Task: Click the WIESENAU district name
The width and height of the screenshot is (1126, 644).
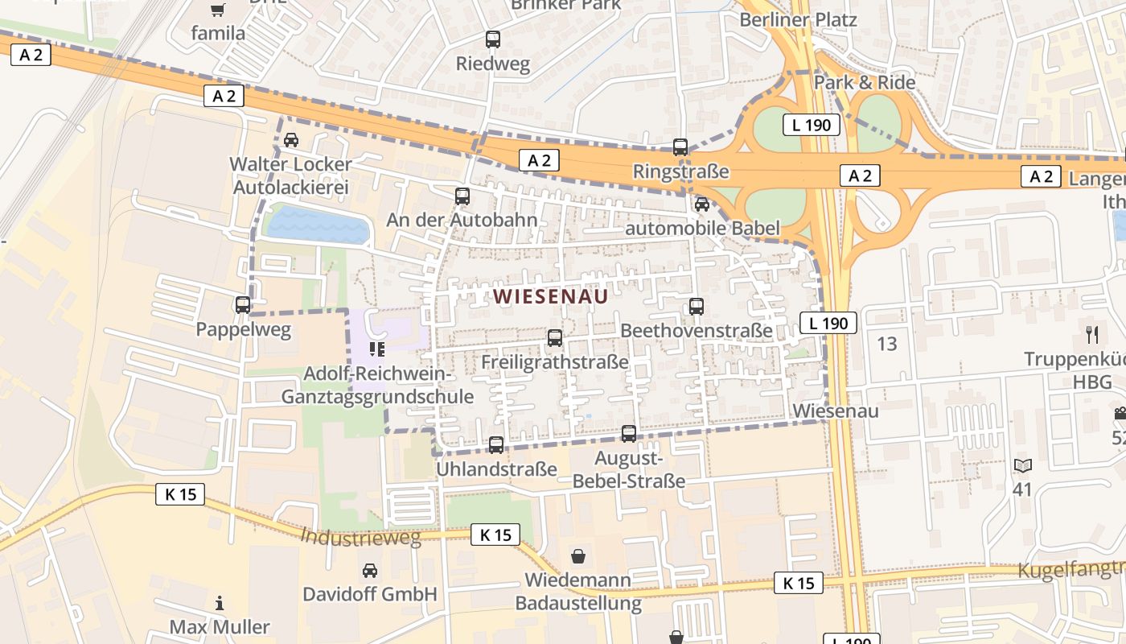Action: click(551, 296)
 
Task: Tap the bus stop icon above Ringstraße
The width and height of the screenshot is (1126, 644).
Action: click(680, 147)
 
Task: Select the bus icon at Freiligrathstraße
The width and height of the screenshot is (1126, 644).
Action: click(555, 338)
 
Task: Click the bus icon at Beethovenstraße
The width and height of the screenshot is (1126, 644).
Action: click(697, 307)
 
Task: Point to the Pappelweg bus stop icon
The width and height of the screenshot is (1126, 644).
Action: click(243, 305)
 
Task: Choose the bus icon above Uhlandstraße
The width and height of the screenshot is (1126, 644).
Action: click(496, 444)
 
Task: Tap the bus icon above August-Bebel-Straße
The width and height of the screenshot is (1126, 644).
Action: click(629, 434)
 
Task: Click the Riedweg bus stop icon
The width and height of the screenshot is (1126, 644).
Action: click(493, 39)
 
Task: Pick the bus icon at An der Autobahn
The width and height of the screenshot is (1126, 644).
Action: click(462, 196)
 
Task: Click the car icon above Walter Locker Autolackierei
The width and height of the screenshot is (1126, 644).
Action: click(291, 140)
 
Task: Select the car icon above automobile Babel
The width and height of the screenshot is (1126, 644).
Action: click(702, 204)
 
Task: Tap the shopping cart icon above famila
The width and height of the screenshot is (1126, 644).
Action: click(217, 10)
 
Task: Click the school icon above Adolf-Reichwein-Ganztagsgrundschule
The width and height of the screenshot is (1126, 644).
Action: click(376, 349)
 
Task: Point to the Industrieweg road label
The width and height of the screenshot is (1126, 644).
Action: click(360, 537)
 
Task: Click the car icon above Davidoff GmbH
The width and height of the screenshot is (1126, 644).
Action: click(369, 571)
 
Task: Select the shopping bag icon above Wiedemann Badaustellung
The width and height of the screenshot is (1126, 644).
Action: click(577, 555)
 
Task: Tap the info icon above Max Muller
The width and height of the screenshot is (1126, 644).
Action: click(219, 603)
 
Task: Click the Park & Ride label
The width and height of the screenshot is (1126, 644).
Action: click(865, 82)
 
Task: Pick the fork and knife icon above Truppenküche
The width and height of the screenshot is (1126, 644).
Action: click(1092, 334)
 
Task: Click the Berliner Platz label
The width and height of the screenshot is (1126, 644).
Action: click(798, 19)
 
